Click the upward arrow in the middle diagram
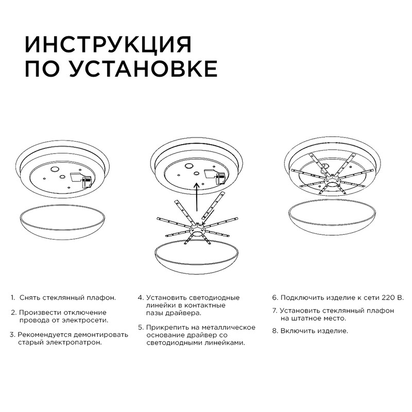196,201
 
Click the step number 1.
13,298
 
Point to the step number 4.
140,298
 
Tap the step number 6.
275,298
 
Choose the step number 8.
275,331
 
